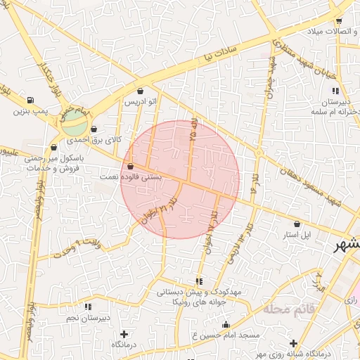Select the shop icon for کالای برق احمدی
pos(94,129)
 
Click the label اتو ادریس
pos(140,101)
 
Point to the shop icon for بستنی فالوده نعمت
pos(131,167)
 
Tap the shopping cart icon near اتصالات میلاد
pos(340,22)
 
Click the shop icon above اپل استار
pos(297,224)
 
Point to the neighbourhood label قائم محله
pos(289,309)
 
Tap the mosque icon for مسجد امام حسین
pos(226,324)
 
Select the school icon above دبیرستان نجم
pos(88,307)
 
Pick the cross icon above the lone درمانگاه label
pos(125,334)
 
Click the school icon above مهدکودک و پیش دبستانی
pos(200,281)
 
